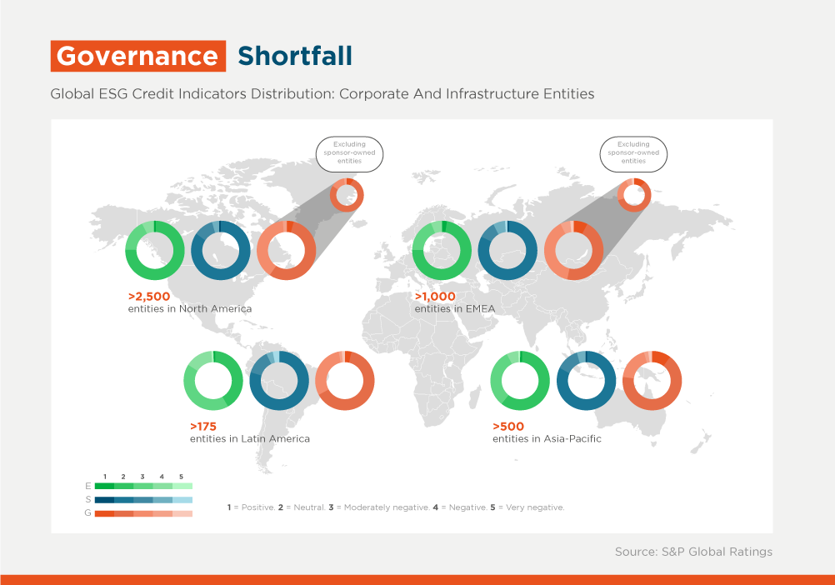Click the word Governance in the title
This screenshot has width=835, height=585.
(x=137, y=56)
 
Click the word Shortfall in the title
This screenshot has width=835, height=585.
(x=295, y=56)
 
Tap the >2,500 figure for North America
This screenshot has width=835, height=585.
(x=149, y=297)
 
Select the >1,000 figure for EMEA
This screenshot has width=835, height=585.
(x=435, y=297)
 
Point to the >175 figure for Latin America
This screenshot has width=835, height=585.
(x=203, y=427)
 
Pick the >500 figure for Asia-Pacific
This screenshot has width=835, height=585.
(x=508, y=427)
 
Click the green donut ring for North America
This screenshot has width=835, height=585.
(x=131, y=250)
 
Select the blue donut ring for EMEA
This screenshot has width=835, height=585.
(x=484, y=250)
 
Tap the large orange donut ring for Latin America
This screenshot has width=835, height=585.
(x=321, y=381)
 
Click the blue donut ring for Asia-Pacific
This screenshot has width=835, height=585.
(x=562, y=381)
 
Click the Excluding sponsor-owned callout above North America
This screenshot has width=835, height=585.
(x=349, y=154)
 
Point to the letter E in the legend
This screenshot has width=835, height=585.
(x=87, y=486)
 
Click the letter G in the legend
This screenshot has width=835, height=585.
(x=87, y=513)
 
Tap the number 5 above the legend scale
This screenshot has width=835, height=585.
(x=181, y=477)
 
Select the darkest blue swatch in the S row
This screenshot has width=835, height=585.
(x=104, y=500)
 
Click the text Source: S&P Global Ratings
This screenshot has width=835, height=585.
(x=693, y=552)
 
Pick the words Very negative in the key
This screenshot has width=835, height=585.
(x=535, y=507)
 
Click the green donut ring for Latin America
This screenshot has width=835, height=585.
(x=189, y=381)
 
